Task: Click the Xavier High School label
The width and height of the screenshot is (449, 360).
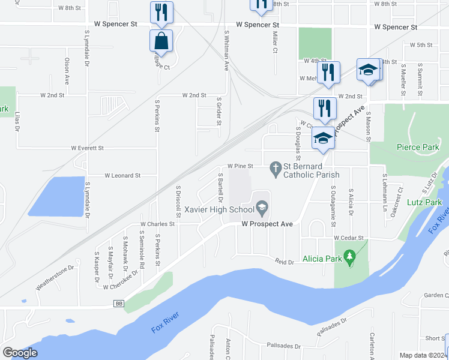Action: click(219, 209)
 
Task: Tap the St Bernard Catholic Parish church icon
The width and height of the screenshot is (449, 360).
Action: click(276, 167)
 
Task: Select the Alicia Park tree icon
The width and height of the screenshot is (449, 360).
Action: click(351, 259)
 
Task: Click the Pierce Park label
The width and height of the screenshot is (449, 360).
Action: click(418, 147)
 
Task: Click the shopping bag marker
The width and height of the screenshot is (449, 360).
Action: click(161, 41)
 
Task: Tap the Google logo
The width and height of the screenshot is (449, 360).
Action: click(20, 353)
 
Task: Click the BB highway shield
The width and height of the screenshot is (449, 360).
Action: click(119, 305)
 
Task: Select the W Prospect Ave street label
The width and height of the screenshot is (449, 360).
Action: click(267, 224)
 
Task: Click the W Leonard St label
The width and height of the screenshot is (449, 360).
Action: click(122, 176)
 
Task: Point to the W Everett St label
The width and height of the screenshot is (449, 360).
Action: click(87, 148)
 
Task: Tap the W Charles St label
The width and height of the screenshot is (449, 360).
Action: click(157, 224)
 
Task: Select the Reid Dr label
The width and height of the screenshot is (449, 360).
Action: click(285, 262)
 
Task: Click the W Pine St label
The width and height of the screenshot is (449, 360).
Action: click(240, 166)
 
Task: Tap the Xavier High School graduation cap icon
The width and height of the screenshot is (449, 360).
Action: click(262, 209)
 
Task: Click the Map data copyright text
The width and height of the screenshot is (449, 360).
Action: click(423, 355)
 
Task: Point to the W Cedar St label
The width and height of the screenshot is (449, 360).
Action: click(349, 238)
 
